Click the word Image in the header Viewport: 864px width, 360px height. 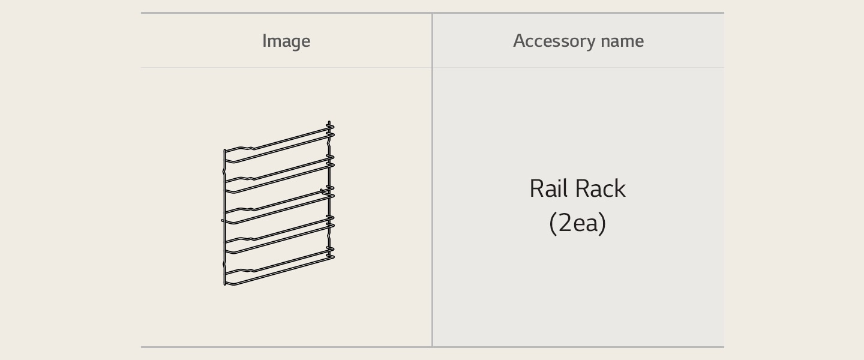286,41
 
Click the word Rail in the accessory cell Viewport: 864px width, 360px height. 547,188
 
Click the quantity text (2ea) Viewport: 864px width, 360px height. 577,223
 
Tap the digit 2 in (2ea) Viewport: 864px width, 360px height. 565,223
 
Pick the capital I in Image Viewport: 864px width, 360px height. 264,41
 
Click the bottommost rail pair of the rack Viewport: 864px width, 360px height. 279,268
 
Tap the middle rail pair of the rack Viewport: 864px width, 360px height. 279,205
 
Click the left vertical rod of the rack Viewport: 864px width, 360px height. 224,217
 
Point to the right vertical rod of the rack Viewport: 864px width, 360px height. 329,190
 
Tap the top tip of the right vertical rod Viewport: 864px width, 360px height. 329,121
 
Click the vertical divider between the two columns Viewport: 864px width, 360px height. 432,180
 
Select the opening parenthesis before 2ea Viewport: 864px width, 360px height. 553,223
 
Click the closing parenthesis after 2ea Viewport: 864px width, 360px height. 602,223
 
